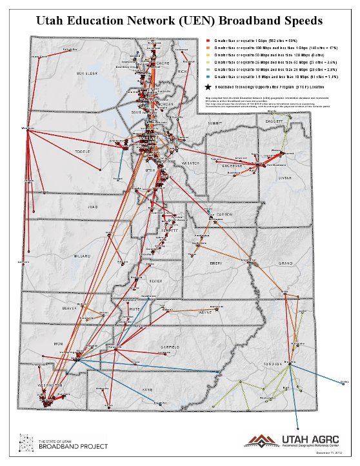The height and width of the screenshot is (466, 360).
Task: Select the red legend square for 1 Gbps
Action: click(x=207, y=40)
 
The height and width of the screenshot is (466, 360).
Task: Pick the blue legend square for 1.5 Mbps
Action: click(x=207, y=76)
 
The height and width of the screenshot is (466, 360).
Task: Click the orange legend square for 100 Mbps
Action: click(x=207, y=47)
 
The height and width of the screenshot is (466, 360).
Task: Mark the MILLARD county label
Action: click(x=82, y=256)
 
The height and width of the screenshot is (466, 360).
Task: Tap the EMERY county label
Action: click(x=215, y=263)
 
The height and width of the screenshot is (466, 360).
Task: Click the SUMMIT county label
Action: click(x=214, y=122)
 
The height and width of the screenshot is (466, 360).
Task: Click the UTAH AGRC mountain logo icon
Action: click(x=259, y=441)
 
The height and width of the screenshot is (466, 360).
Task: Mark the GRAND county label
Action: click(x=285, y=263)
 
